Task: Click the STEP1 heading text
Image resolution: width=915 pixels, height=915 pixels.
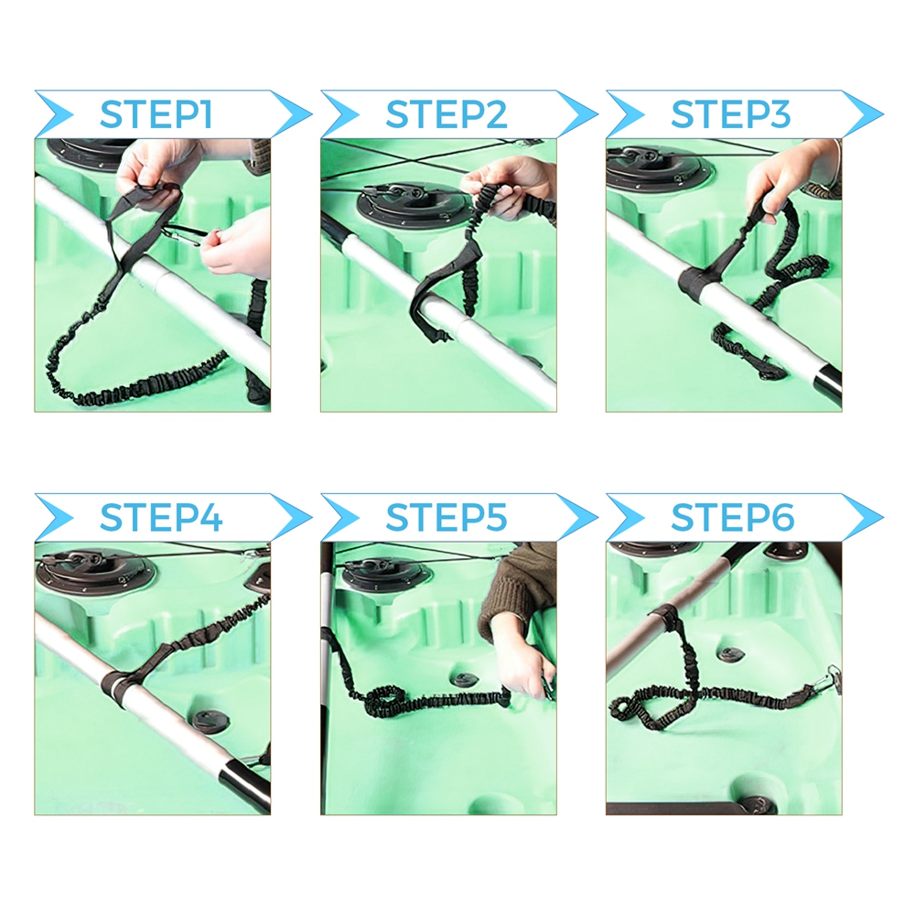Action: [x=156, y=114]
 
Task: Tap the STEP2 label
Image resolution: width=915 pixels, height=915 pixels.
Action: [x=447, y=114]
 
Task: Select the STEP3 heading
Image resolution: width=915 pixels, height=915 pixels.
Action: [x=730, y=114]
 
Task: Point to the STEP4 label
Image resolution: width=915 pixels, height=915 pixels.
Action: [x=161, y=518]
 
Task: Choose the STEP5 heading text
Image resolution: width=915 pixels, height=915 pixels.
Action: [x=447, y=518]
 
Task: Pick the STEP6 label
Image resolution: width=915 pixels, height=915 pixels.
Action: [x=732, y=518]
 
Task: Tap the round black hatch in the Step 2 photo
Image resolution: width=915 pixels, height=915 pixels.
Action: [x=414, y=204]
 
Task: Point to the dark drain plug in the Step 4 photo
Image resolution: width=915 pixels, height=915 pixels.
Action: [x=205, y=720]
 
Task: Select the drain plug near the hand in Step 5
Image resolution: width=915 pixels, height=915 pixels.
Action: [x=465, y=681]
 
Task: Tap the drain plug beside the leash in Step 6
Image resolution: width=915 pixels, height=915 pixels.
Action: [x=730, y=654]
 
